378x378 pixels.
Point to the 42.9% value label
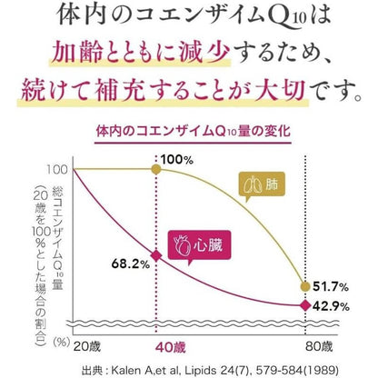pyautogui.click(x=332, y=304)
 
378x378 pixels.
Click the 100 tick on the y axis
pyautogui.click(x=55, y=170)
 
